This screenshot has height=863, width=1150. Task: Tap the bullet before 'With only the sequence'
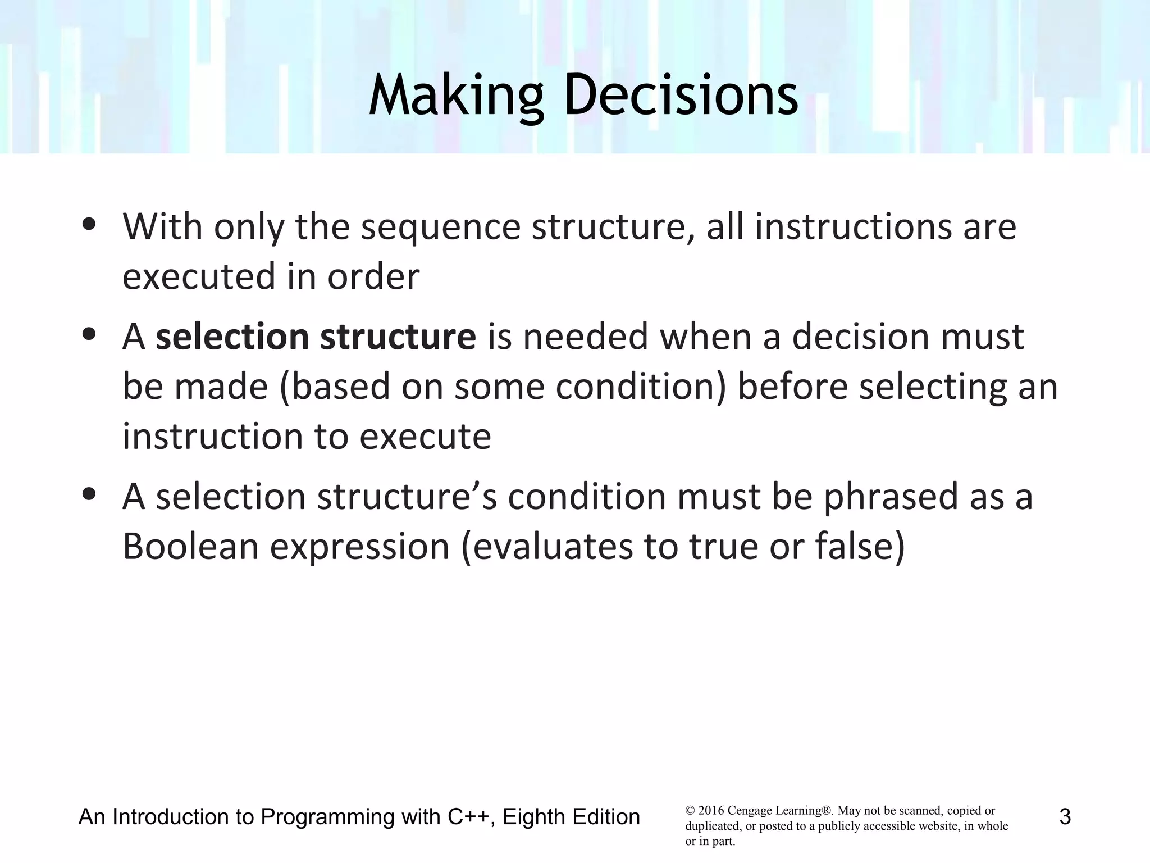click(x=89, y=224)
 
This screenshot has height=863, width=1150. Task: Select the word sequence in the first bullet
click(x=440, y=228)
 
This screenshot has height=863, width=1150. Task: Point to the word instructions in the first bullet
click(x=854, y=227)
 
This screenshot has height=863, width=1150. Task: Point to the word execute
click(x=425, y=437)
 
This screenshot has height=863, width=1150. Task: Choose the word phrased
click(x=891, y=498)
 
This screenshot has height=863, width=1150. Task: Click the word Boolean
click(x=191, y=547)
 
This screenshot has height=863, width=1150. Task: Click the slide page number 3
click(x=1065, y=817)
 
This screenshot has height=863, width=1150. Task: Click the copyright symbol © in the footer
click(x=690, y=811)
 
